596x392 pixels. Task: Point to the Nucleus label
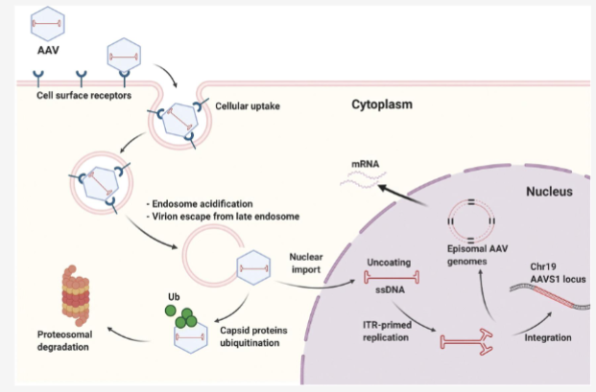click(x=549, y=192)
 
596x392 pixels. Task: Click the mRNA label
click(x=365, y=163)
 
